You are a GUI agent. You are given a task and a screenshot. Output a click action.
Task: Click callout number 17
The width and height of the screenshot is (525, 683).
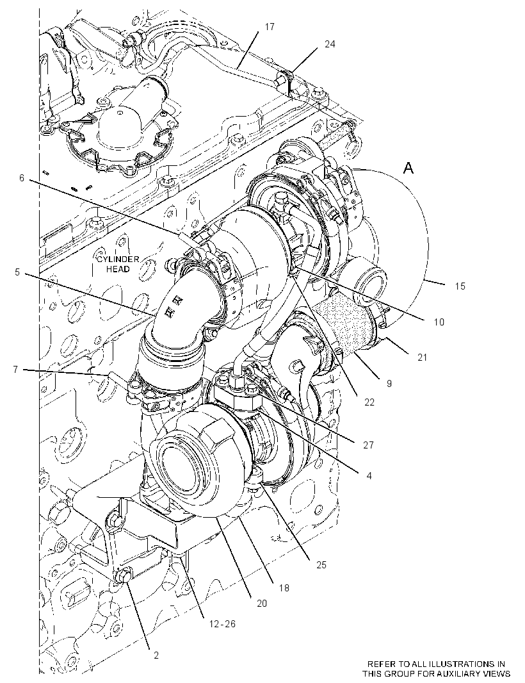point(270,27)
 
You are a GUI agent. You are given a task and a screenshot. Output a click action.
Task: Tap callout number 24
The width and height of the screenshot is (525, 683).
point(330,44)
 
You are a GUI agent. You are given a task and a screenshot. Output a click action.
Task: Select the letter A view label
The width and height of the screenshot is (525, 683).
point(408,168)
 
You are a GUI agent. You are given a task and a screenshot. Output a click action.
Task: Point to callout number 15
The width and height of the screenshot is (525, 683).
point(460,286)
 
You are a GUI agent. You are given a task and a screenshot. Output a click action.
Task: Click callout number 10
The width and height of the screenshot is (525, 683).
point(439,322)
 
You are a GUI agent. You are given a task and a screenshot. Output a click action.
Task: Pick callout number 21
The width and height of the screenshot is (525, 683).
point(422,358)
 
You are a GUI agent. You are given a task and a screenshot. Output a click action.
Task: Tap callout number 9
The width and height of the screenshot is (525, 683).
point(389,383)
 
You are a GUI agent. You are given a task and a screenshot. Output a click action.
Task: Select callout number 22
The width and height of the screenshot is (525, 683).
point(369,402)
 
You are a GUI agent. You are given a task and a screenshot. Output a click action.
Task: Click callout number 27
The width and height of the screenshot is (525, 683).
point(368,445)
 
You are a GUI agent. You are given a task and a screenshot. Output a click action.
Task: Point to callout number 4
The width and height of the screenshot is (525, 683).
point(369,476)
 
